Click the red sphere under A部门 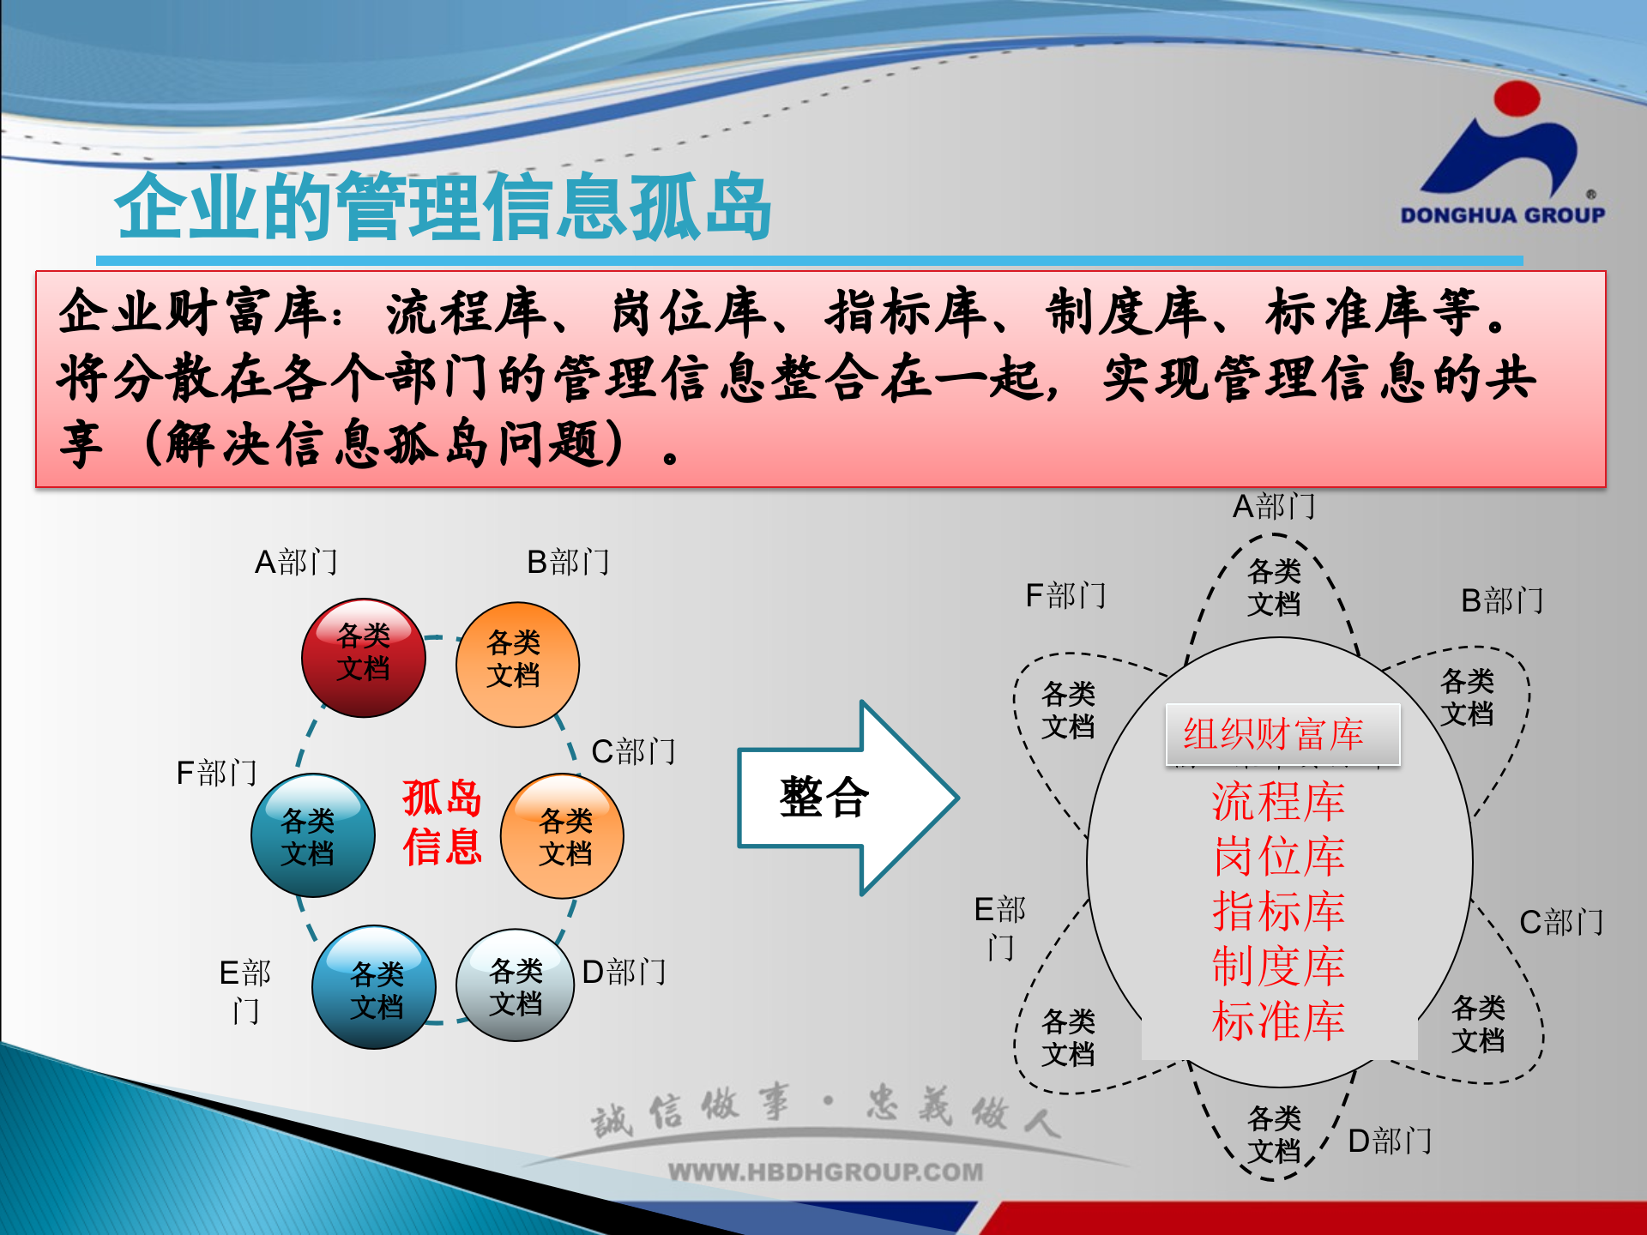(364, 658)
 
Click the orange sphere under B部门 (516, 665)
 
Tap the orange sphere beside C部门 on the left (563, 836)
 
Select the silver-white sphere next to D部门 (515, 986)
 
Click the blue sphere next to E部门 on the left (374, 988)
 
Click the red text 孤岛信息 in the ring (442, 822)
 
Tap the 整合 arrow (845, 798)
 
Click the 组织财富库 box (1282, 734)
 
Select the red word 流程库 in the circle (1278, 802)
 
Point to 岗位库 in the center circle (1278, 857)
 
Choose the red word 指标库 (1278, 912)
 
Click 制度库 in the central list (1278, 967)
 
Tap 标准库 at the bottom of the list (1278, 1021)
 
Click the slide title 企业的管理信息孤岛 (443, 208)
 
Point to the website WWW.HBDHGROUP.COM (825, 1172)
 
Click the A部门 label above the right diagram (1274, 507)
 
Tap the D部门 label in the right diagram (1390, 1142)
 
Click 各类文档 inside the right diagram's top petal (1274, 587)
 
